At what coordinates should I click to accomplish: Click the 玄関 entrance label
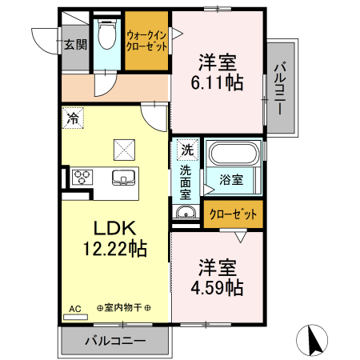pyautogui.click(x=76, y=45)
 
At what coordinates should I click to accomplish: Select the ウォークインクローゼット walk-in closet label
pyautogui.click(x=146, y=40)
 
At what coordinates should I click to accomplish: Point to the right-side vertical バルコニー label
pyautogui.click(x=279, y=88)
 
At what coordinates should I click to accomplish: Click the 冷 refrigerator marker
pyautogui.click(x=73, y=118)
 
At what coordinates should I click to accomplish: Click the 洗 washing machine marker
pyautogui.click(x=186, y=149)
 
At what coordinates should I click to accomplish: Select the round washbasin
pyautogui.click(x=186, y=213)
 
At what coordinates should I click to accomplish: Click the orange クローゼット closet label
pyautogui.click(x=233, y=214)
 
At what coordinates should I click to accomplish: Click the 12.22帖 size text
pyautogui.click(x=116, y=249)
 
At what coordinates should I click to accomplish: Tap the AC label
pyautogui.click(x=74, y=308)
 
